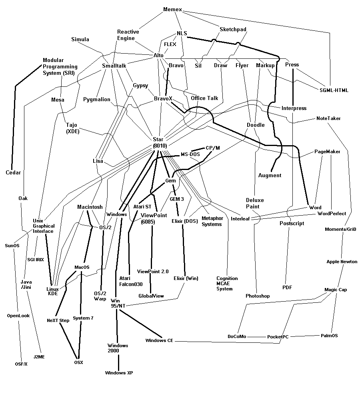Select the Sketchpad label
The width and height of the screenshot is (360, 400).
click(x=233, y=29)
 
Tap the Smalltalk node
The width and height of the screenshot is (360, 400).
click(x=114, y=66)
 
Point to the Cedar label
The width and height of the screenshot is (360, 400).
click(x=13, y=172)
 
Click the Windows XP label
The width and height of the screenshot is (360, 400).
click(x=119, y=373)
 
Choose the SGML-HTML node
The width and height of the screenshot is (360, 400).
click(x=334, y=90)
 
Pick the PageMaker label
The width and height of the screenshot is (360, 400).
click(x=327, y=152)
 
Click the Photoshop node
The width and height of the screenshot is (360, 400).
click(x=258, y=296)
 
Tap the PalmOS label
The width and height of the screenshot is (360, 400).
click(x=329, y=336)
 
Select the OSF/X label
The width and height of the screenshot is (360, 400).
click(x=21, y=364)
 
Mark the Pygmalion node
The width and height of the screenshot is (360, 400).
click(x=97, y=99)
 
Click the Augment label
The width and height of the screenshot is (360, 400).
click(x=270, y=175)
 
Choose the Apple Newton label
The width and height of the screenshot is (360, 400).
click(x=342, y=262)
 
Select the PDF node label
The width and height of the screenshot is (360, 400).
click(x=287, y=287)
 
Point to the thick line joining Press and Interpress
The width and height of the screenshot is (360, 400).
click(x=294, y=86)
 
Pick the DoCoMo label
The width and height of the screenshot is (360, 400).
click(x=237, y=336)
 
